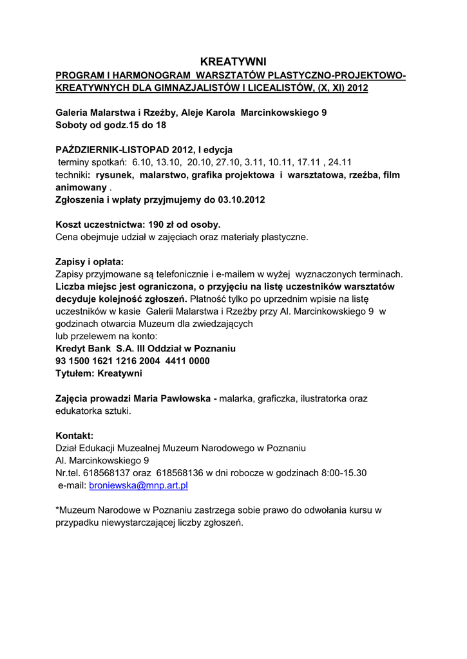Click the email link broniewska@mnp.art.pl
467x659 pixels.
[x=138, y=485]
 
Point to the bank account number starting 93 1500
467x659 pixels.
[x=133, y=361]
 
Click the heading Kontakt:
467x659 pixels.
[x=75, y=436]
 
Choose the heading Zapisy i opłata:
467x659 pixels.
[x=90, y=262]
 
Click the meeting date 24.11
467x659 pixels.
[x=339, y=162]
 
